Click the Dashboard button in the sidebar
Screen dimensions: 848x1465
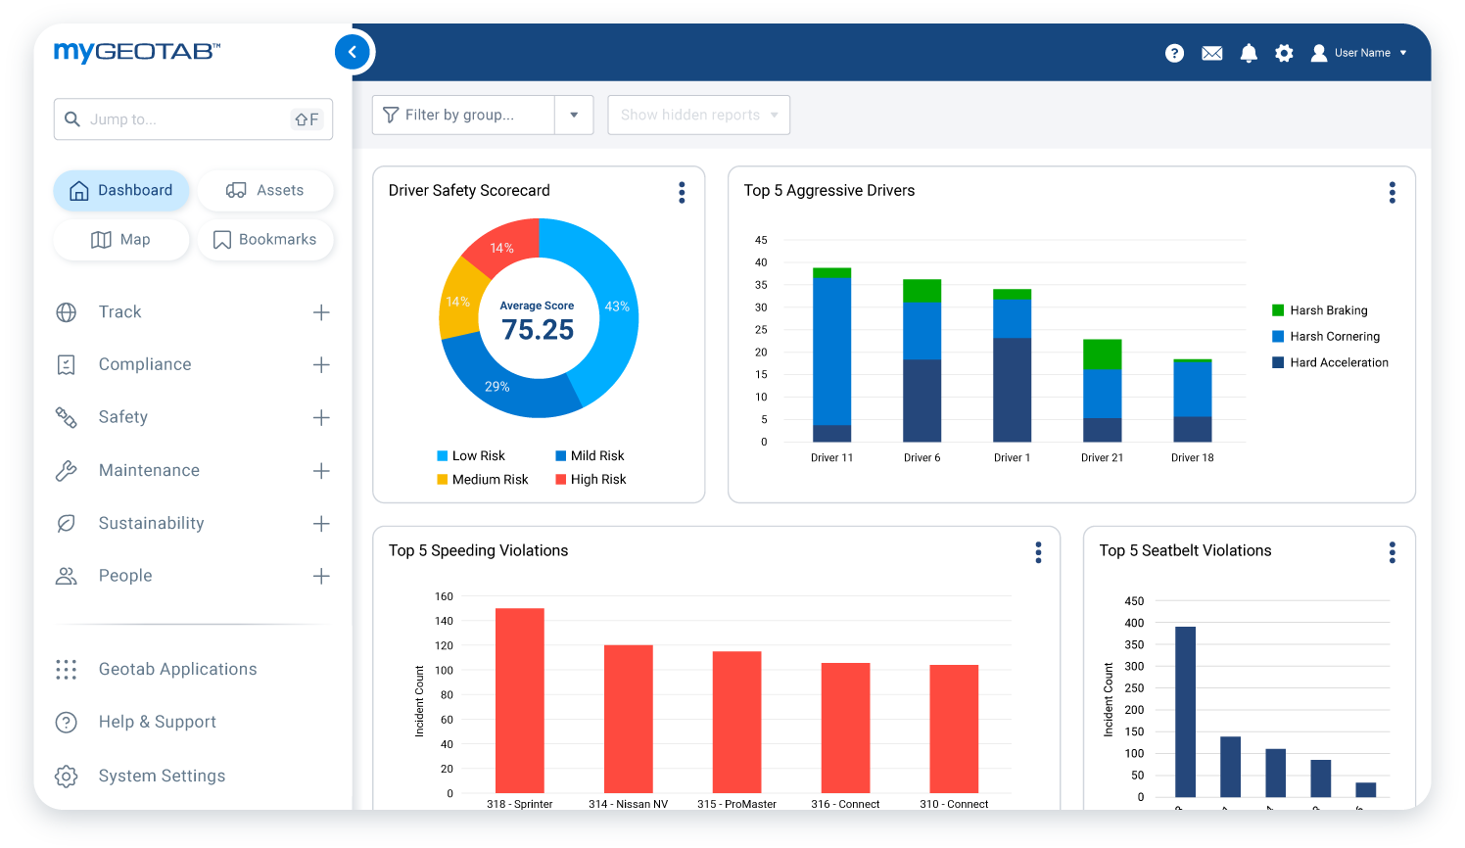coord(121,190)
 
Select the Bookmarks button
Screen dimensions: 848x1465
coord(265,240)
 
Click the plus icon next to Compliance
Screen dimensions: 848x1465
coord(321,365)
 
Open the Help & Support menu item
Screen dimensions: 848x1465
coord(157,723)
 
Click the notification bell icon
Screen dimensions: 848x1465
coord(1249,53)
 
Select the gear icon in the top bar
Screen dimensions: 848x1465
coord(1284,53)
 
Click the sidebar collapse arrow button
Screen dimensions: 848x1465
coord(353,52)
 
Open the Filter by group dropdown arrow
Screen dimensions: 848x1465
coord(574,116)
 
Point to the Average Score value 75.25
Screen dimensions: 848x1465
coord(538,330)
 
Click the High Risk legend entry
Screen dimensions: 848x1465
coord(591,480)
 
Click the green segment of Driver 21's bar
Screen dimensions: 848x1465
coord(1102,353)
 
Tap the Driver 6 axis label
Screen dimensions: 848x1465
coord(922,458)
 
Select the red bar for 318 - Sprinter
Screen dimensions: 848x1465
coord(519,700)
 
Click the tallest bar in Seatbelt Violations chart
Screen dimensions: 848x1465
coord(1185,711)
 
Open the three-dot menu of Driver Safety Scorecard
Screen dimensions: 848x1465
coord(682,192)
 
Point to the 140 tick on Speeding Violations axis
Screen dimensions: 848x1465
coord(444,621)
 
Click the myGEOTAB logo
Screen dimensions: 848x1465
coord(137,52)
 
